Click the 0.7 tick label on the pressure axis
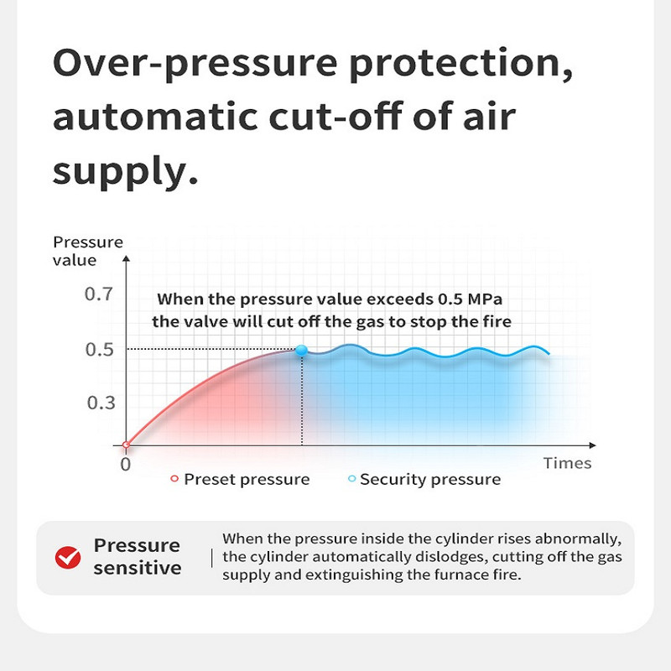coord(99,294)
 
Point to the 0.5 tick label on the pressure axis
coord(100,350)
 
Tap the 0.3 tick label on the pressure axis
coord(101,403)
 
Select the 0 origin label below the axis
coord(125,465)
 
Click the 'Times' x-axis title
coord(568,463)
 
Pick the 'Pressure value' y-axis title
coord(88,251)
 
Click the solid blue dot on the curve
coord(302,350)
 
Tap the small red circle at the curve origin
coord(126,445)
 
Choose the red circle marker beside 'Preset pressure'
coord(174,479)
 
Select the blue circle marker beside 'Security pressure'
coord(351,479)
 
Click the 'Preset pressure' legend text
coord(247,480)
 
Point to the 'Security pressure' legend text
coord(430,480)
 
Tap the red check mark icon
coord(68,558)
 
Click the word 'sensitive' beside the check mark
coord(138,569)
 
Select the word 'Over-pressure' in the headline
coord(195,65)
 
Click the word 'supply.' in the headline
coord(125,172)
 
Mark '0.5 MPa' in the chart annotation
coord(470,299)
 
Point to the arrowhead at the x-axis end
coord(593,445)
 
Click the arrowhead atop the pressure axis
coord(126,258)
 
